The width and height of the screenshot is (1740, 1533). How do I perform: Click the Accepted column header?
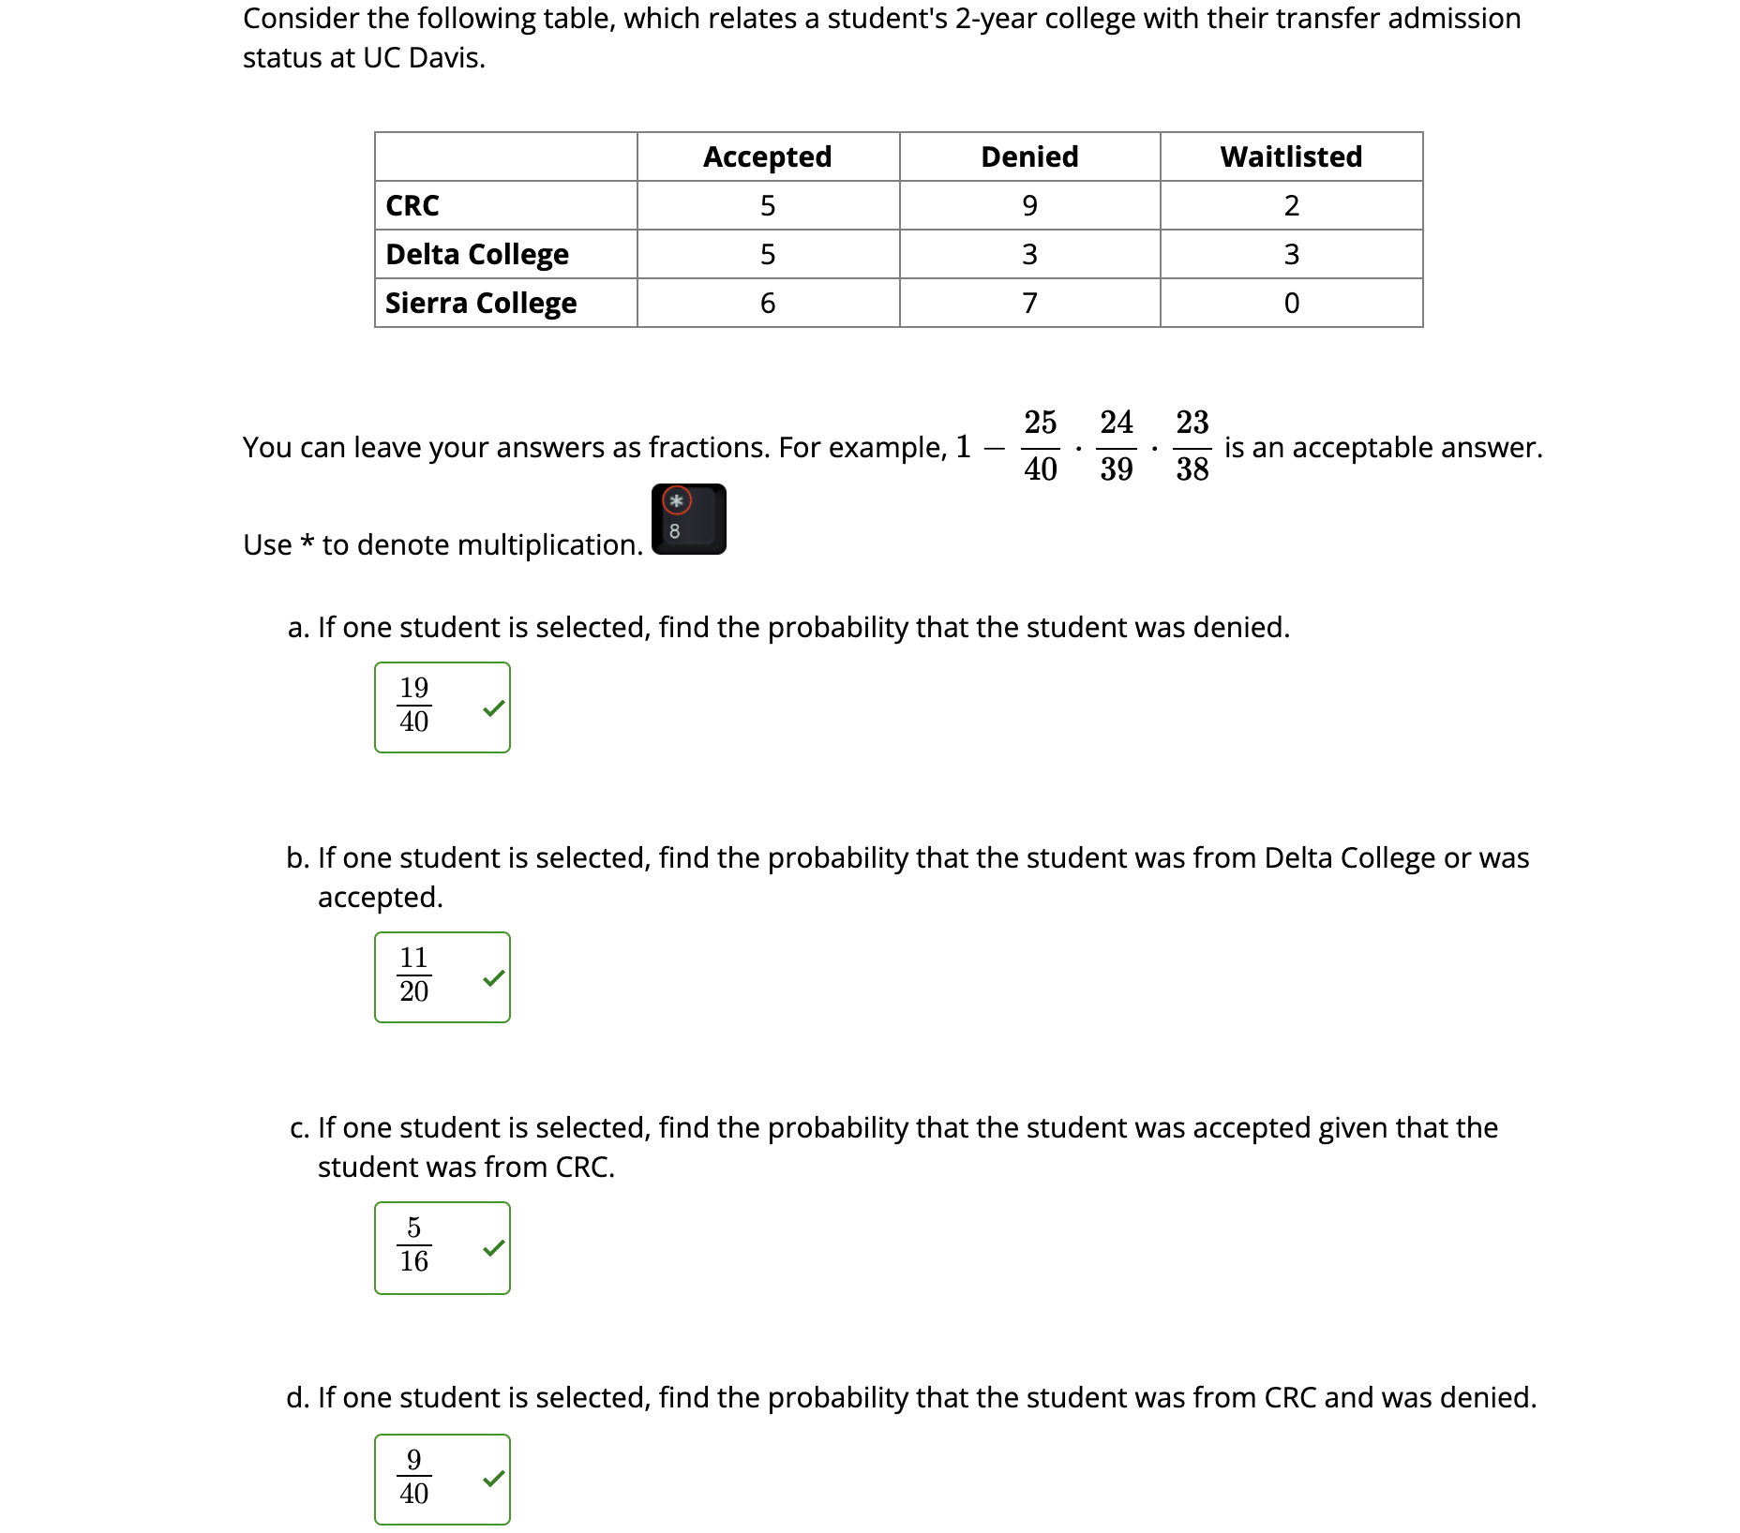(x=767, y=156)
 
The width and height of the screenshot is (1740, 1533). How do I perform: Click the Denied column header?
(x=1028, y=156)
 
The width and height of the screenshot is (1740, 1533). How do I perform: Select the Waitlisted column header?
(x=1290, y=156)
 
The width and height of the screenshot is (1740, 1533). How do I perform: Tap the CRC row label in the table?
(x=412, y=205)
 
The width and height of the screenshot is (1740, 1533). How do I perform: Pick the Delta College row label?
(x=476, y=254)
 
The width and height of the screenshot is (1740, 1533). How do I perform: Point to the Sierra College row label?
(x=480, y=303)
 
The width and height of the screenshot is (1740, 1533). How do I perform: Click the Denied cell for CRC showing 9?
(x=1029, y=205)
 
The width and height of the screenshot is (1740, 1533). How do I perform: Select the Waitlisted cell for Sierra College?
(x=1291, y=303)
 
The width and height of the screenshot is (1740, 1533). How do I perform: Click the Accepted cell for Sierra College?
(x=767, y=303)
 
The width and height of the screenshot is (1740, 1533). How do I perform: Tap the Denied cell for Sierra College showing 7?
(x=1029, y=303)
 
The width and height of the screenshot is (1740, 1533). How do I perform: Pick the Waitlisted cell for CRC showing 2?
(x=1291, y=205)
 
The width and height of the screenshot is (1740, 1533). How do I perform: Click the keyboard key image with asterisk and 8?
(x=688, y=519)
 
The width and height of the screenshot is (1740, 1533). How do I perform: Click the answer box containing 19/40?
(x=441, y=707)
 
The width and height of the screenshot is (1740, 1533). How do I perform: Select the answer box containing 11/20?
(x=441, y=977)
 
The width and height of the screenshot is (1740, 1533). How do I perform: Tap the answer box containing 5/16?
(x=441, y=1247)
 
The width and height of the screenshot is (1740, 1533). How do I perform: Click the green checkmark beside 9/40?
(x=493, y=1480)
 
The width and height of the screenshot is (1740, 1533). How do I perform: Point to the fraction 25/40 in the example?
(x=1040, y=446)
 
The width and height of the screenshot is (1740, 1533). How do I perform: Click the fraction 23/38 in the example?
(x=1192, y=446)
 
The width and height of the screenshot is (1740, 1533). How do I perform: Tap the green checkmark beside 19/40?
(x=493, y=708)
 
